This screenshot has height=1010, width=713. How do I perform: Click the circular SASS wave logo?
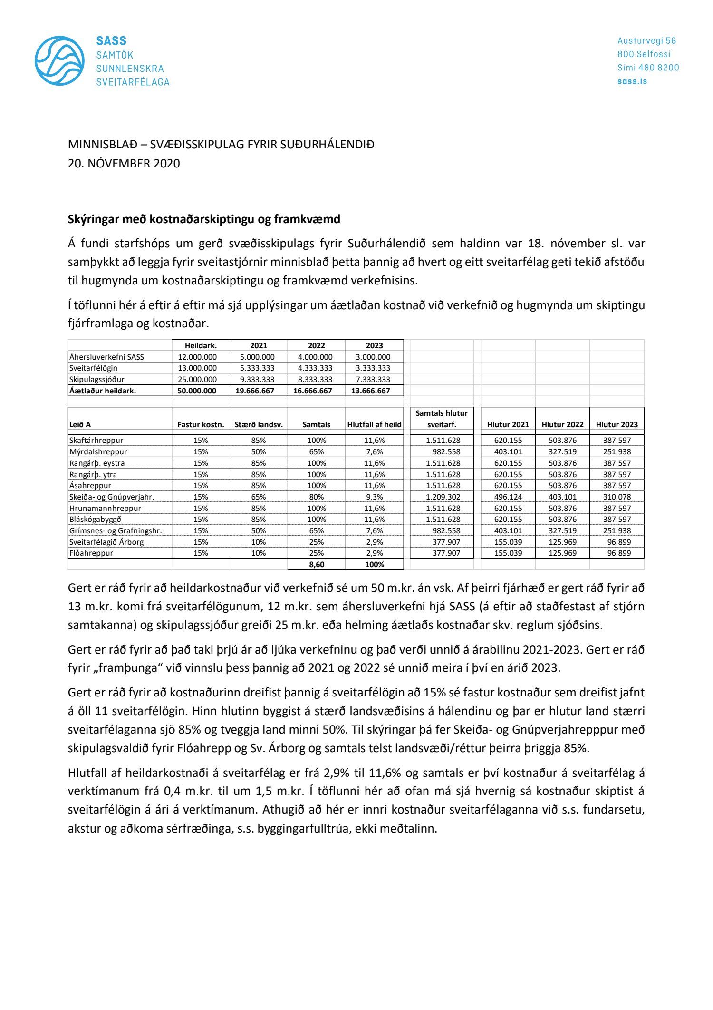click(59, 61)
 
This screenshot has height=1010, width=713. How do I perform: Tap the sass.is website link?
click(632, 81)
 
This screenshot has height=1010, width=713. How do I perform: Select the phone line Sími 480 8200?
click(648, 68)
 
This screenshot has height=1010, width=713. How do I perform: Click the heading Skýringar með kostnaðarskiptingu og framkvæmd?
click(204, 219)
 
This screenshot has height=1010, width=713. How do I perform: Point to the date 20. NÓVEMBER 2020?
click(124, 163)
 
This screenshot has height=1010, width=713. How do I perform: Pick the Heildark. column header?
click(201, 345)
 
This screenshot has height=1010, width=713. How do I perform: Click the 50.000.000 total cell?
click(197, 391)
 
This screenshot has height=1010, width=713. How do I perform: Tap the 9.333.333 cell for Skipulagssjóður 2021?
click(259, 379)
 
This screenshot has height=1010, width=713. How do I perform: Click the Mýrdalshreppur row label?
click(98, 451)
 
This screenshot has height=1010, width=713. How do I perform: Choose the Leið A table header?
click(80, 424)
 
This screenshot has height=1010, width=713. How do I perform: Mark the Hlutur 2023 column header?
click(617, 424)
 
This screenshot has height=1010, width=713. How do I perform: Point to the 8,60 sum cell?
click(316, 564)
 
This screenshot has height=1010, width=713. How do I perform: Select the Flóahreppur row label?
click(91, 553)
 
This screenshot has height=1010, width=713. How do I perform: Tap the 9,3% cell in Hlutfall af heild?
click(374, 497)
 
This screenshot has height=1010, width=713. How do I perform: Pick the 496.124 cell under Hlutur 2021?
click(508, 497)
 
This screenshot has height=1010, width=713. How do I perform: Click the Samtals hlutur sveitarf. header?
click(441, 419)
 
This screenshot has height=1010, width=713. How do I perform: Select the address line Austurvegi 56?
click(646, 41)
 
